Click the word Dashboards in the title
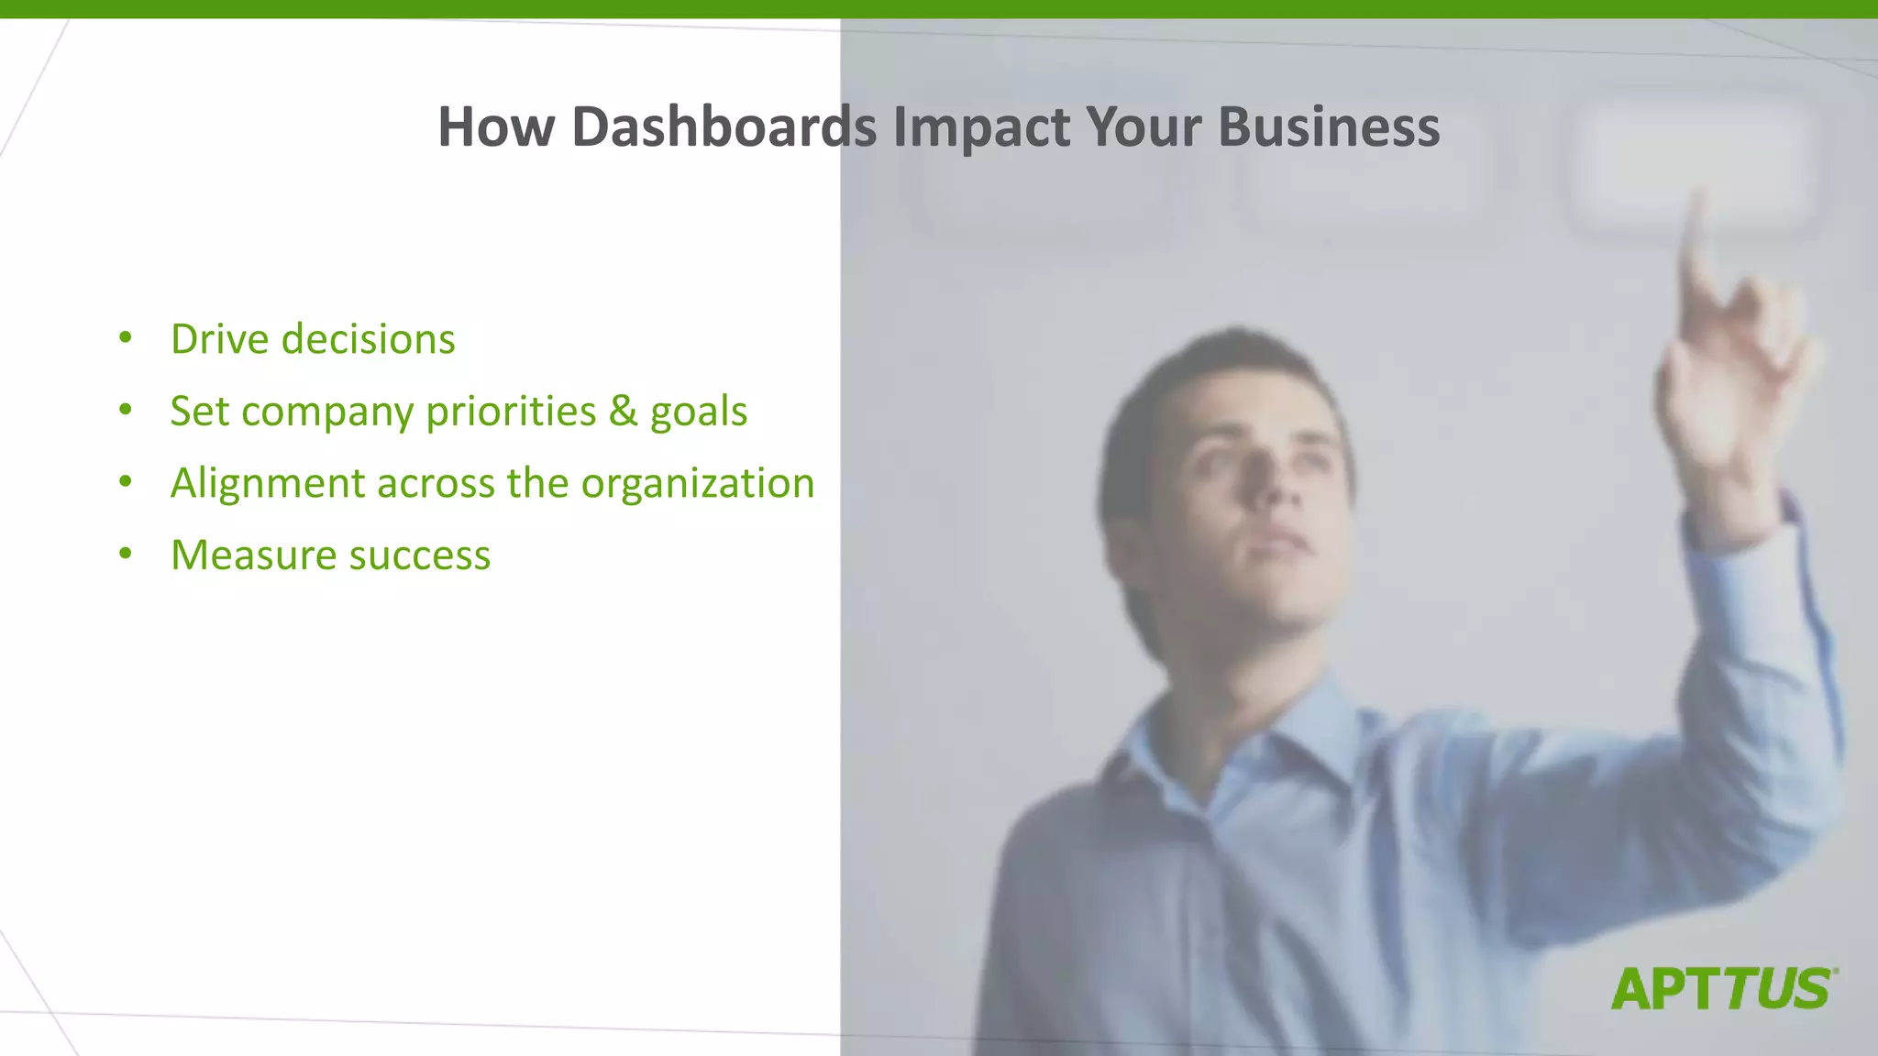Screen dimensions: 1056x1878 pos(724,126)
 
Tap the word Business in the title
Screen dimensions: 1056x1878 pos(1329,126)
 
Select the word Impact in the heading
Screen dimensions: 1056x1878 pos(980,126)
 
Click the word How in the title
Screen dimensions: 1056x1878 pos(495,126)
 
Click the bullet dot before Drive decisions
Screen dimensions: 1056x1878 pos(126,338)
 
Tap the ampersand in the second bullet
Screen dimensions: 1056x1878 pos(623,411)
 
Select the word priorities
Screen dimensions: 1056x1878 pos(511,411)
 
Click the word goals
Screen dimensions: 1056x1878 pos(699,412)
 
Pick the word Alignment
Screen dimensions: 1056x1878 pos(268,483)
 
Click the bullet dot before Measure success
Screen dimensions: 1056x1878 pos(126,554)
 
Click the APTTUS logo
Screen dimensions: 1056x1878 pos(1723,989)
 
